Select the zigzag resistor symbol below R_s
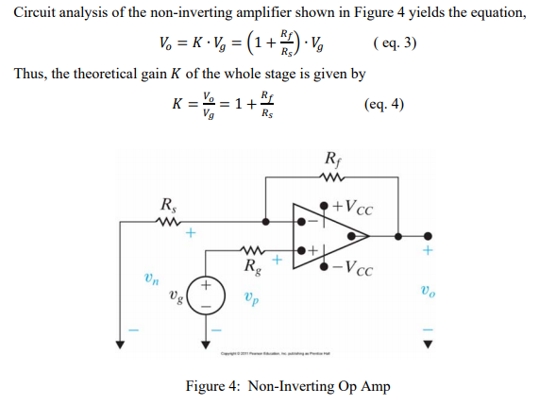pyautogui.click(x=166, y=223)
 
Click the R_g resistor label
pyautogui.click(x=254, y=267)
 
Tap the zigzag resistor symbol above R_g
pyautogui.click(x=253, y=250)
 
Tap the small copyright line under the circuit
pyautogui.click(x=273, y=354)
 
